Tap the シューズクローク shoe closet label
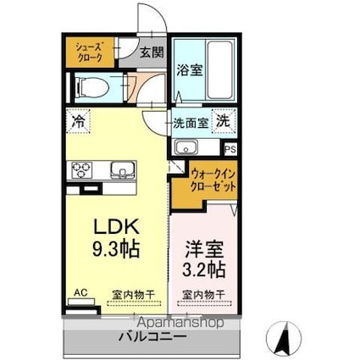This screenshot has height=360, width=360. pos(89,52)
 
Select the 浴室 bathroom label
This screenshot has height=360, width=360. pos(189,70)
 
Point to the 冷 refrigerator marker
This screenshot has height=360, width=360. pos(79,120)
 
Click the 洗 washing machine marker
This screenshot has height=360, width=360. pos(220,121)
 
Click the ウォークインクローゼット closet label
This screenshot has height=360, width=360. pos(207,178)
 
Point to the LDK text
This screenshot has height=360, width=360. pos(117,228)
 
